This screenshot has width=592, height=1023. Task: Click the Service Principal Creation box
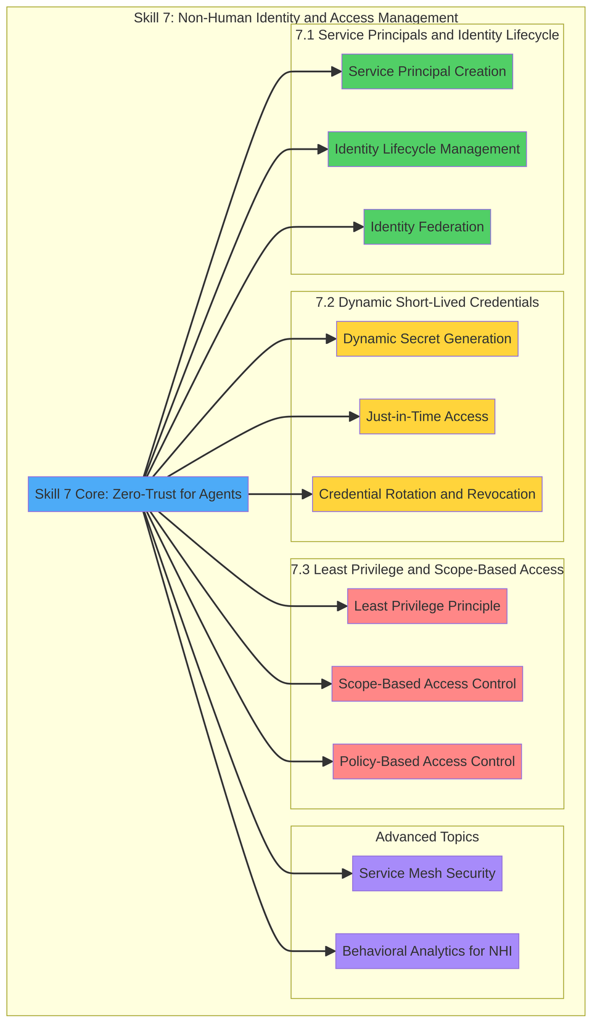click(x=427, y=71)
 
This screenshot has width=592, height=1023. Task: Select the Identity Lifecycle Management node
click(x=427, y=149)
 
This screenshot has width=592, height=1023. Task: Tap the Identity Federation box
click(x=427, y=227)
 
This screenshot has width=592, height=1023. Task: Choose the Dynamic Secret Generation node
click(x=427, y=339)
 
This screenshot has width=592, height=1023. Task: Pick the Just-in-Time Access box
click(x=427, y=417)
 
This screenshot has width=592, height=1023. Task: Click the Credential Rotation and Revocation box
click(x=427, y=494)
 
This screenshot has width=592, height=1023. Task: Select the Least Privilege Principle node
click(x=427, y=606)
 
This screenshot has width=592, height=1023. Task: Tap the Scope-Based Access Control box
click(x=427, y=684)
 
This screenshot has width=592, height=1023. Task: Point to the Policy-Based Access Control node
click(x=427, y=762)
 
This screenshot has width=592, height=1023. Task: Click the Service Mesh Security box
click(x=427, y=873)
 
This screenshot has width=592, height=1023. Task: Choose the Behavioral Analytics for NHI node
click(x=427, y=951)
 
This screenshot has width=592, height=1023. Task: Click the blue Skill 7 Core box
click(x=138, y=494)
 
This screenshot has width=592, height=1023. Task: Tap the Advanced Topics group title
click(x=427, y=837)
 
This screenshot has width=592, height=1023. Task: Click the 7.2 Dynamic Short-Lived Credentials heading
click(x=427, y=303)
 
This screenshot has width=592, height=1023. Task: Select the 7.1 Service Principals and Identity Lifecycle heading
click(x=427, y=35)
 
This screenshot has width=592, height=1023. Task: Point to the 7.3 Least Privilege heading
click(x=427, y=570)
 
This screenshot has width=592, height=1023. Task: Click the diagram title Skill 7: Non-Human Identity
click(x=295, y=18)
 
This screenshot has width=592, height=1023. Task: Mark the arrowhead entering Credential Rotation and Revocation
click(x=307, y=494)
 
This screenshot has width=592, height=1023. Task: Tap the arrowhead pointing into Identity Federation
click(x=358, y=227)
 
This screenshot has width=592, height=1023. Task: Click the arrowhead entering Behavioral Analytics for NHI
click(x=330, y=951)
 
